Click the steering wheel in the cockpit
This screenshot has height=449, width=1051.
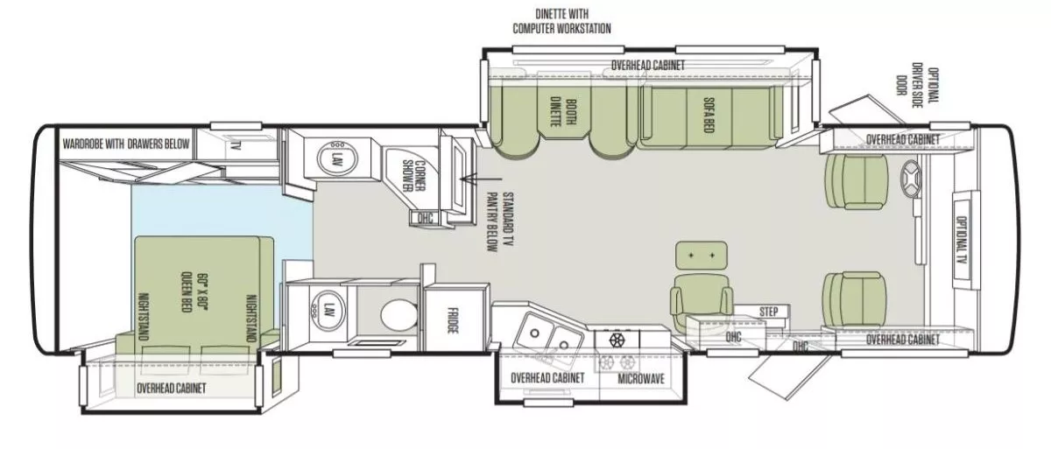[x=911, y=180]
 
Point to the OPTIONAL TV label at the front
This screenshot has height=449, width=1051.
[x=960, y=241]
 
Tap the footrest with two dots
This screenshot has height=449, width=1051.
[x=701, y=255]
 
